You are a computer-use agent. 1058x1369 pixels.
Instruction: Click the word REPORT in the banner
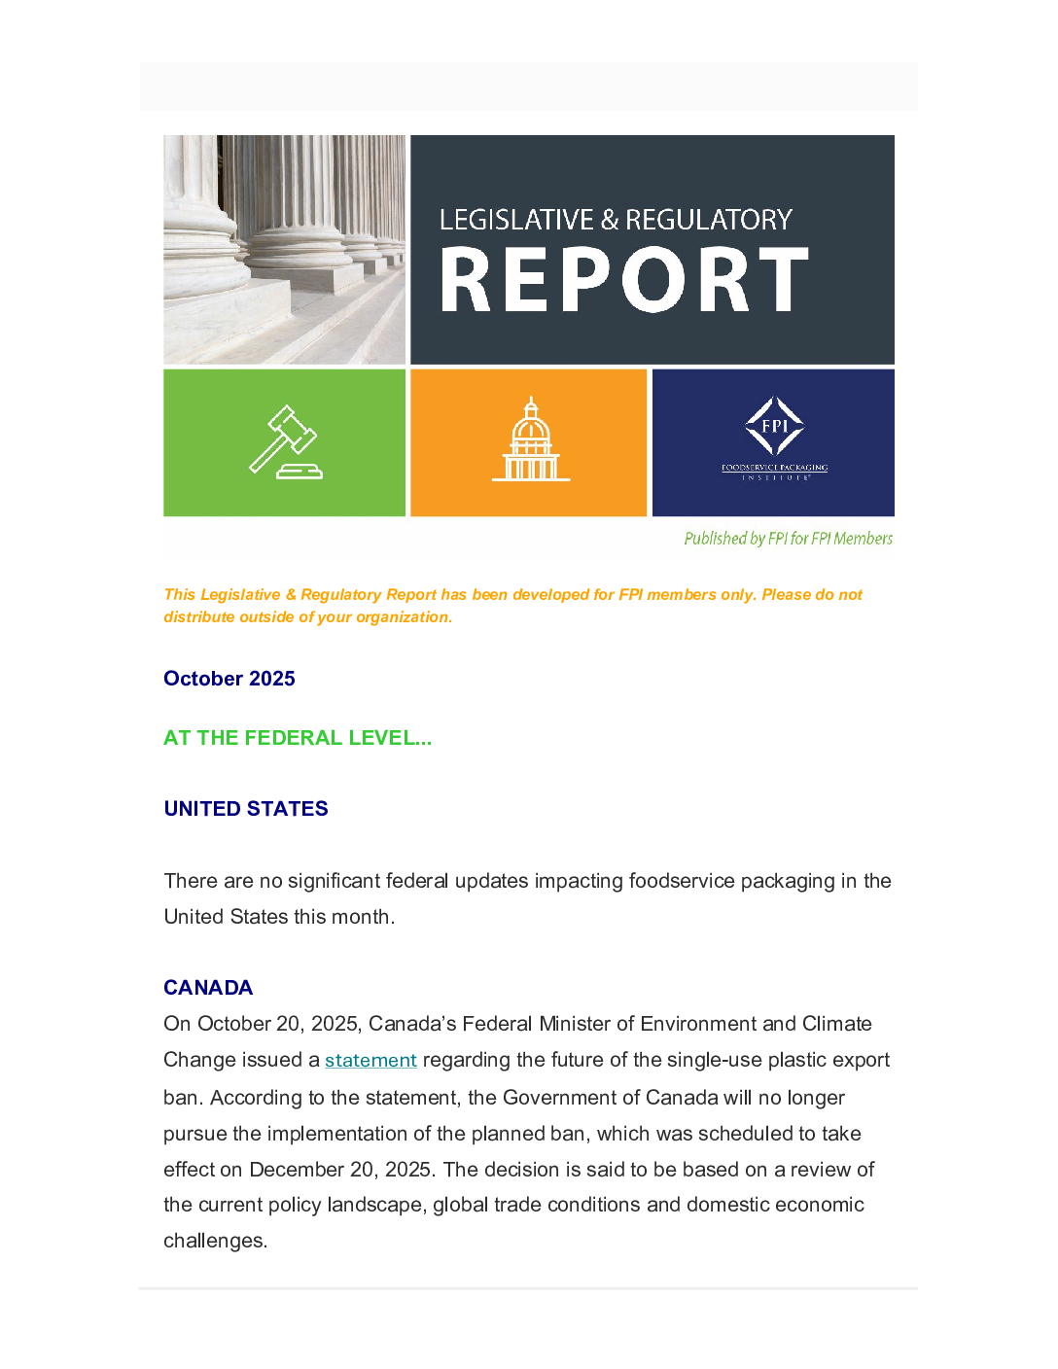pos(624,280)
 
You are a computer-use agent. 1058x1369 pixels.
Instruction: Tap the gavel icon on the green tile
pos(285,442)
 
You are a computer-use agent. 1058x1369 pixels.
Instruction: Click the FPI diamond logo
pos(774,426)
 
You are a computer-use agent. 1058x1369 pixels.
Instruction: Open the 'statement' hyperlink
pos(370,1060)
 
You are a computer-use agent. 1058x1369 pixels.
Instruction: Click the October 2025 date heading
pos(229,679)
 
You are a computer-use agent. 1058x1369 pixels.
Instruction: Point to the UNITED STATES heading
pos(246,809)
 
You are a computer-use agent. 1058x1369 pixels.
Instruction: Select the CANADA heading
pos(208,988)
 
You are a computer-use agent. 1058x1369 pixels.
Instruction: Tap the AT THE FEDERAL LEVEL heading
pos(298,738)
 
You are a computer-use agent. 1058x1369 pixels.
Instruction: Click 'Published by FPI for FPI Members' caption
pos(788,539)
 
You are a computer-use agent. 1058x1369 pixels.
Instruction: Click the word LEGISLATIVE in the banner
pos(516,220)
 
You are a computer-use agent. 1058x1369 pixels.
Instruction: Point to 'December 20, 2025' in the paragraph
pos(340,1170)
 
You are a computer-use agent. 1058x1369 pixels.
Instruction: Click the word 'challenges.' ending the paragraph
pos(215,1241)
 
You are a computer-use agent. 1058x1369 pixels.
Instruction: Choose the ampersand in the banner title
pos(610,220)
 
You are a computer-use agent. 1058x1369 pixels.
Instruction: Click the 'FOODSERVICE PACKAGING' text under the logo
pos(774,468)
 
